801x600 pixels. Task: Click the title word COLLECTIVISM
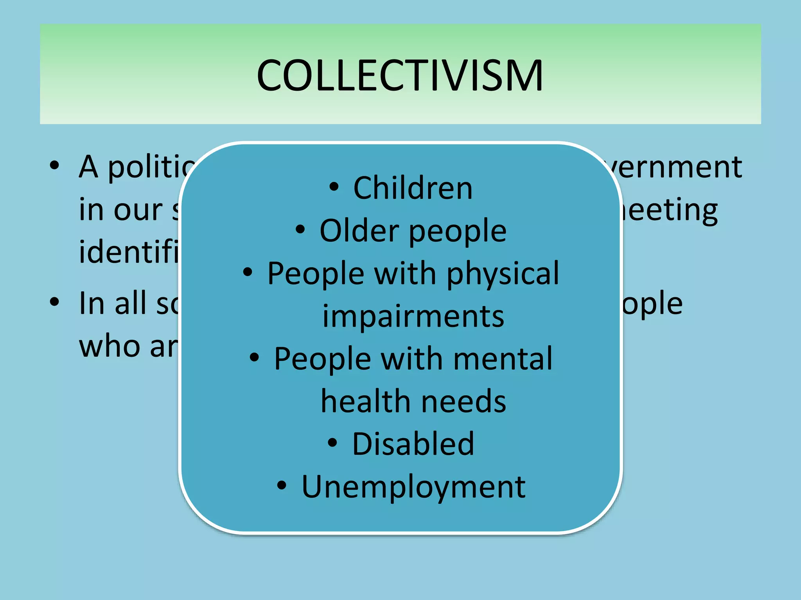pyautogui.click(x=400, y=75)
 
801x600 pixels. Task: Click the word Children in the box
pyautogui.click(x=413, y=188)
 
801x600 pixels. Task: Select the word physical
pyautogui.click(x=503, y=273)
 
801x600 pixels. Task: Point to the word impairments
pyautogui.click(x=413, y=316)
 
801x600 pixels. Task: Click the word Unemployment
pyautogui.click(x=413, y=487)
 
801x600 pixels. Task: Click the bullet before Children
pyautogui.click(x=334, y=187)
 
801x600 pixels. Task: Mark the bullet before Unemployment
pyautogui.click(x=282, y=485)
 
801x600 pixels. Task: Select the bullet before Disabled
pyautogui.click(x=332, y=443)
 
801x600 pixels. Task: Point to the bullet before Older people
pyautogui.click(x=300, y=229)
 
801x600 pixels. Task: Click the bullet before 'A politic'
pyautogui.click(x=55, y=166)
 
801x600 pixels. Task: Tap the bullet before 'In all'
pyautogui.click(x=55, y=302)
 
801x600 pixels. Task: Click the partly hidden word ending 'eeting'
pyautogui.click(x=669, y=210)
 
